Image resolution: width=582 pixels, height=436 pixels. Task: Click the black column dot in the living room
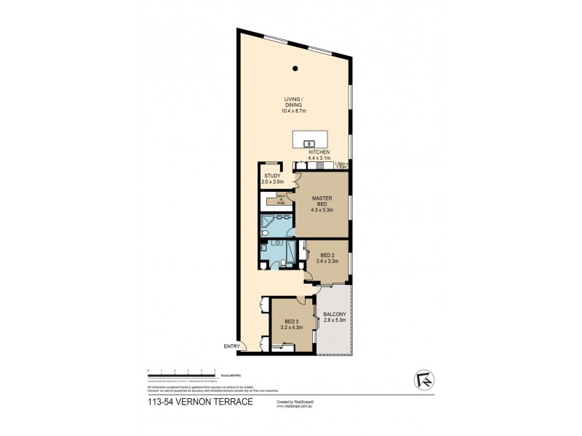tap(295, 68)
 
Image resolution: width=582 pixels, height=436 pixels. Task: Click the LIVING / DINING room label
tap(294, 105)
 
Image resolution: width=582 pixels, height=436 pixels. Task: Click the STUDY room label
tap(272, 177)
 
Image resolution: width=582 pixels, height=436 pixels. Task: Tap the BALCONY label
tap(335, 317)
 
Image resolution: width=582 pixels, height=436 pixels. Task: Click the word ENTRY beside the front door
tap(231, 347)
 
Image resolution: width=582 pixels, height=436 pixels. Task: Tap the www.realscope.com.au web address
tap(295, 406)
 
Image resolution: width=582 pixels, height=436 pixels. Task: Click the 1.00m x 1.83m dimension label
tap(342, 165)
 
